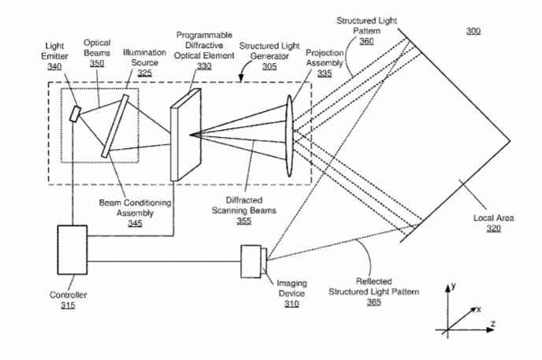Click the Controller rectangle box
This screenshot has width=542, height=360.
[x=72, y=250]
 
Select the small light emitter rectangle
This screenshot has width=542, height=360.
[x=75, y=114]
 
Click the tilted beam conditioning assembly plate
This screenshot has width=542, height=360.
[x=115, y=126]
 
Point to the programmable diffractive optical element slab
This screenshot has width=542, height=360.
[x=186, y=135]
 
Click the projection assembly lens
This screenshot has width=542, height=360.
[x=289, y=136]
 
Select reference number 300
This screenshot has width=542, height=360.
[x=473, y=31]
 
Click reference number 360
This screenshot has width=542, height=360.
[x=366, y=41]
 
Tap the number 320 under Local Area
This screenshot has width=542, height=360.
[x=494, y=228]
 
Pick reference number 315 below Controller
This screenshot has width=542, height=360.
[x=68, y=306]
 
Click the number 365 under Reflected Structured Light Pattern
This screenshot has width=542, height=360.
[x=374, y=302]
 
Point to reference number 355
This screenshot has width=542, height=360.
[x=243, y=221]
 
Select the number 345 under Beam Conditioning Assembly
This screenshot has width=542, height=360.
[x=135, y=223]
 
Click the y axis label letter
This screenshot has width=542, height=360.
[x=454, y=286]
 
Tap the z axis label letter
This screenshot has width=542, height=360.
[x=493, y=324]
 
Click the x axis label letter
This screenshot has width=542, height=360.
[x=478, y=310]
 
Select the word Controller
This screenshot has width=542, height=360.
[x=68, y=295]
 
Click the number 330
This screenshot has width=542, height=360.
[x=204, y=66]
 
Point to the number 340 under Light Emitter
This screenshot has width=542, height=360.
[x=54, y=66]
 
